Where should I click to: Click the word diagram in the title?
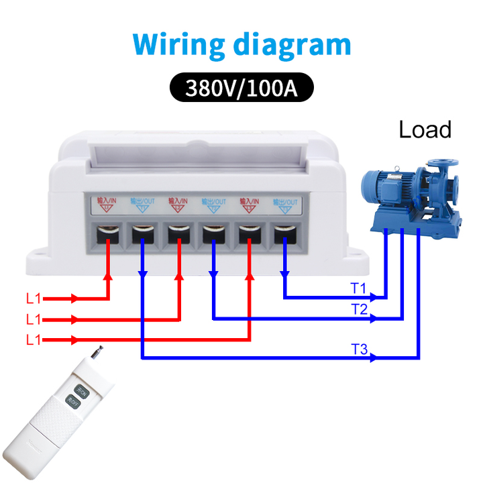(292, 45)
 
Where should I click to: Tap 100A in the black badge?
(272, 88)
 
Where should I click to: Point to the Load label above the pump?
(425, 129)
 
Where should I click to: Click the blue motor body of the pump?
(389, 186)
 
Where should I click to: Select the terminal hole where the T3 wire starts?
(142, 235)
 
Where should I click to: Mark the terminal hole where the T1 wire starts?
(284, 235)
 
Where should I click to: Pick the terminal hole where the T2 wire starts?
(213, 235)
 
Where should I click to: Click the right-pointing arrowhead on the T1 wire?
(378, 297)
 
